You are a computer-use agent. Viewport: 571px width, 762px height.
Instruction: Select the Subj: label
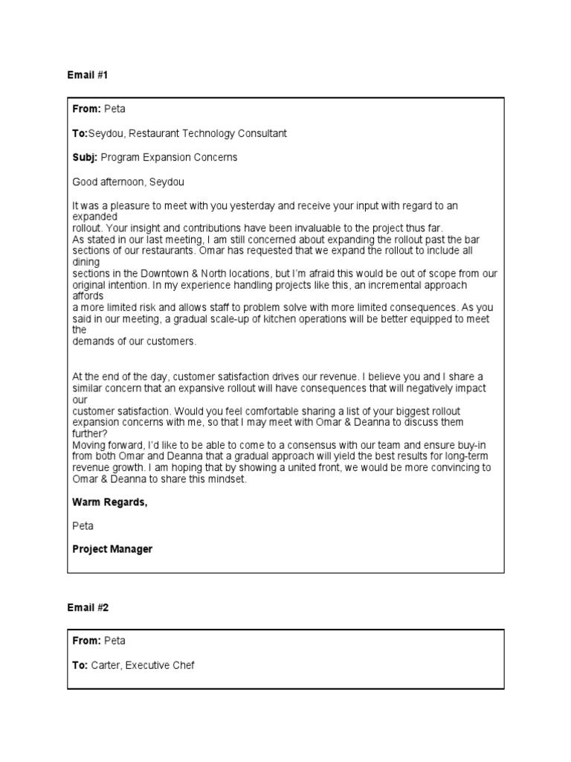point(85,157)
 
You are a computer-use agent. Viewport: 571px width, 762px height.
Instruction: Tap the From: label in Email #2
point(86,641)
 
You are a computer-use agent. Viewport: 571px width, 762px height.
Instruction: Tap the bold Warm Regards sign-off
point(109,502)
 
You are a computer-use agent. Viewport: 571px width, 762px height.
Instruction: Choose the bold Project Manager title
point(112,549)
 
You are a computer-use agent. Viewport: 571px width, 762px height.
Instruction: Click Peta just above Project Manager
point(83,525)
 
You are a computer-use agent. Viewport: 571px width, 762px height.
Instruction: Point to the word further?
point(89,434)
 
